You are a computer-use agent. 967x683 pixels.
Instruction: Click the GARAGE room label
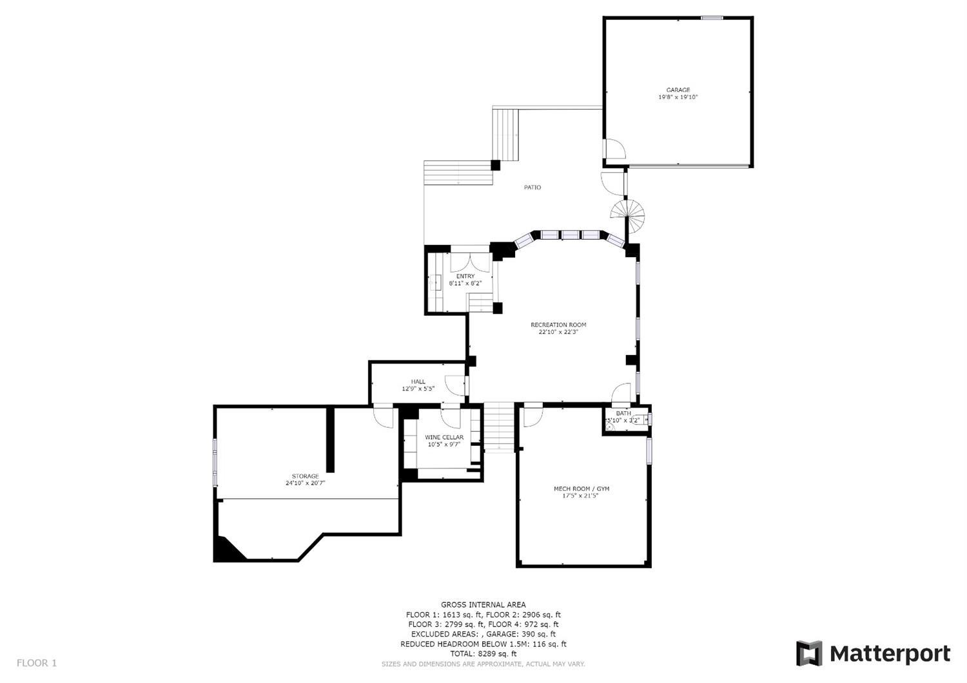pyautogui.click(x=678, y=90)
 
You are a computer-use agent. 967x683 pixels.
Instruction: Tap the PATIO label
pyautogui.click(x=532, y=188)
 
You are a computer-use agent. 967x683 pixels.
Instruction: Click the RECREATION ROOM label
pyautogui.click(x=558, y=325)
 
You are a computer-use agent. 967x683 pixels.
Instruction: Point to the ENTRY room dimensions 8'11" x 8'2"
pyautogui.click(x=465, y=284)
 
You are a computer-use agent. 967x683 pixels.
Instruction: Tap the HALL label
pyautogui.click(x=418, y=381)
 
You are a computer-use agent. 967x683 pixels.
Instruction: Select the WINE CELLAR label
pyautogui.click(x=444, y=437)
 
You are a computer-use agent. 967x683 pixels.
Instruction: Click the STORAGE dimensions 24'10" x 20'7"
pyautogui.click(x=305, y=483)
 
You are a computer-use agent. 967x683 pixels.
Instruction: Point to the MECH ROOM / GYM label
pyautogui.click(x=581, y=489)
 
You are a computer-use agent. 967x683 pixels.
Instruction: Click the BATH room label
pyautogui.click(x=623, y=413)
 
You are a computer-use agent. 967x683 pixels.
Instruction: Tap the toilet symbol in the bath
pyautogui.click(x=641, y=419)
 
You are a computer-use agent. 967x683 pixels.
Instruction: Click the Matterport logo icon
pyautogui.click(x=809, y=653)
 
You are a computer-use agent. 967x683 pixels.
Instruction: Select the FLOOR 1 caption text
pyautogui.click(x=37, y=663)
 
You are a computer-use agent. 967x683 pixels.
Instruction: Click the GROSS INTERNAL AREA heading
pyautogui.click(x=483, y=605)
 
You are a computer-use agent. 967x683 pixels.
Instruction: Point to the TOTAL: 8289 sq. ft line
pyautogui.click(x=483, y=653)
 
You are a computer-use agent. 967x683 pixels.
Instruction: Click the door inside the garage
pyautogui.click(x=615, y=149)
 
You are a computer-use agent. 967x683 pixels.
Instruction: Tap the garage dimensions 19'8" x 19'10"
pyautogui.click(x=678, y=97)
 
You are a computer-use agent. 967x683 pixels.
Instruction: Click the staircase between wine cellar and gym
pyautogui.click(x=499, y=428)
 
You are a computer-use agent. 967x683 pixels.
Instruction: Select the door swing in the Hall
pyautogui.click(x=454, y=385)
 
